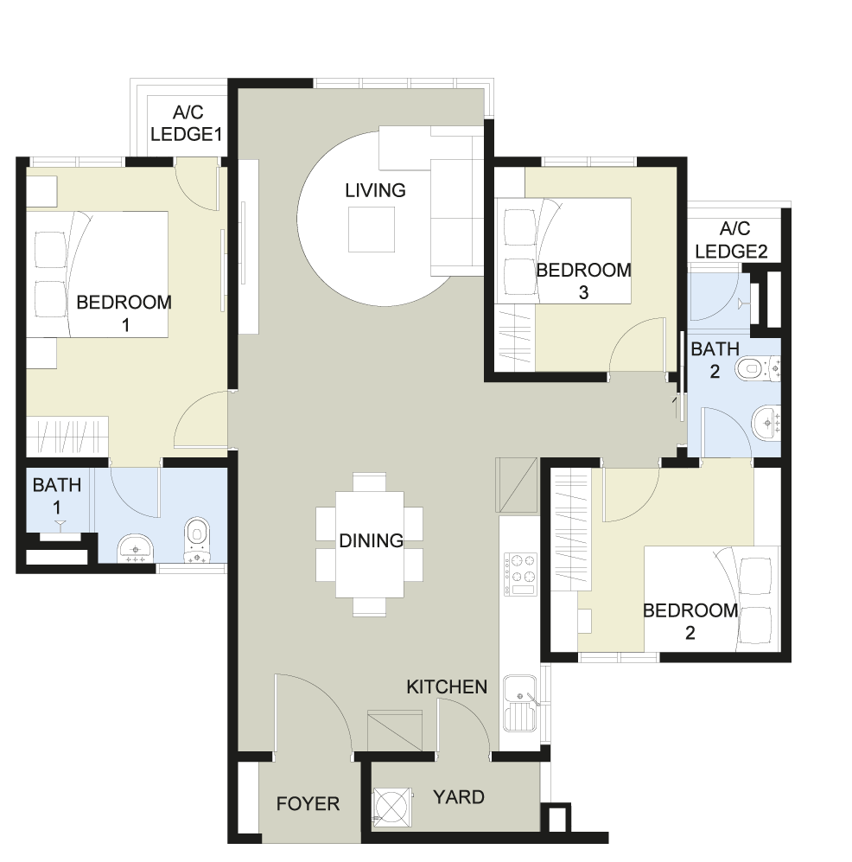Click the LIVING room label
(x=375, y=191)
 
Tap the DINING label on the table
(x=372, y=541)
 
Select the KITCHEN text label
(x=447, y=686)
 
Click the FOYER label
(x=308, y=804)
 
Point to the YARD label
(x=459, y=797)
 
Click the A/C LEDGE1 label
(x=187, y=123)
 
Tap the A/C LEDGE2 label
(x=732, y=239)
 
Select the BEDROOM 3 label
(x=583, y=282)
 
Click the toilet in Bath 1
(x=197, y=540)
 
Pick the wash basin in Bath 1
(x=135, y=547)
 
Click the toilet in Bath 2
(x=758, y=369)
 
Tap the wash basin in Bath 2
(x=766, y=424)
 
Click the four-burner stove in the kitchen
(x=519, y=574)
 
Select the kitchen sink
(x=519, y=704)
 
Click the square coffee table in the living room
(x=372, y=229)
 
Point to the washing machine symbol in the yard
(x=393, y=808)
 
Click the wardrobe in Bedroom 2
(x=571, y=529)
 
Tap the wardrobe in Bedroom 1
(x=67, y=437)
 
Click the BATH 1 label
(x=56, y=496)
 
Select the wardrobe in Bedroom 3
(x=515, y=338)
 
